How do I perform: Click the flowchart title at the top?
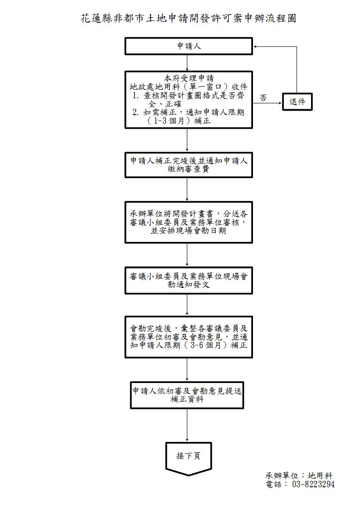click(188, 19)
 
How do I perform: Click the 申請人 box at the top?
click(189, 46)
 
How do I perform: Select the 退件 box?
click(297, 102)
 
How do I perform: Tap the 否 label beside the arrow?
click(263, 97)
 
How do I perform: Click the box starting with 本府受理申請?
click(189, 99)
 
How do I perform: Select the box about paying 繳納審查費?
click(189, 165)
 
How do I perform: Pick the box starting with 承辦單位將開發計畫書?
click(189, 222)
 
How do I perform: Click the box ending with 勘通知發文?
click(189, 280)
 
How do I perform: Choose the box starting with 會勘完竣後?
click(189, 337)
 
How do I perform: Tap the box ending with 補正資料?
click(187, 395)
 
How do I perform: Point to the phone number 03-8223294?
click(313, 484)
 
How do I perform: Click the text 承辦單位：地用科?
click(299, 475)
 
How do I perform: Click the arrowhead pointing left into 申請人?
click(257, 46)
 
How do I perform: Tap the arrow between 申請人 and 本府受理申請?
click(187, 63)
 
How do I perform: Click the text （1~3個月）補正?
click(179, 121)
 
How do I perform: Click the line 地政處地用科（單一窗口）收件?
click(189, 87)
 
